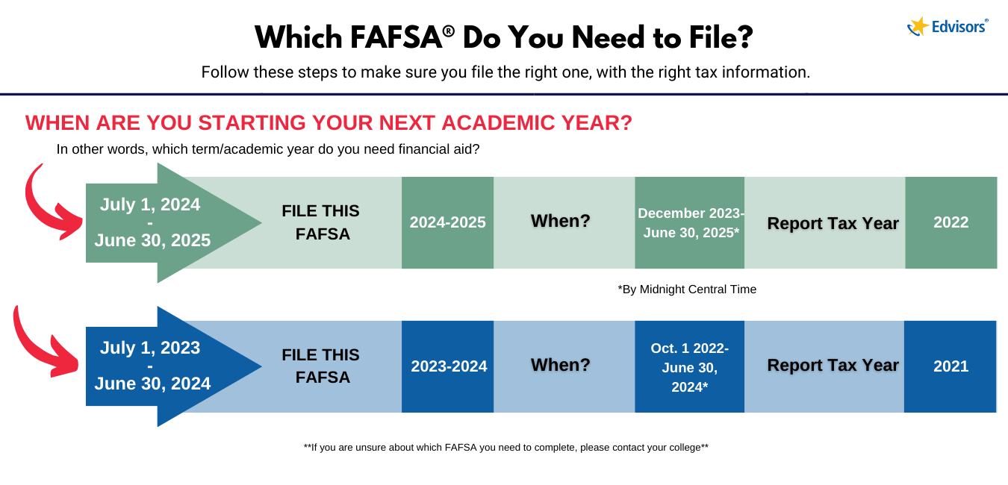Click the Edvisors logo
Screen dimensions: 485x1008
pos(948,26)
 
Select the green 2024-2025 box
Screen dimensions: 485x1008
pos(447,222)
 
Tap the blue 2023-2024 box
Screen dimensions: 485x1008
pos(448,366)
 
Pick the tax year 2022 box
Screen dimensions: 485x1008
pos(951,222)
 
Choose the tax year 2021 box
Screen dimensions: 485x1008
pos(950,366)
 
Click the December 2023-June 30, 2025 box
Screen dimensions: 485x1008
pos(690,222)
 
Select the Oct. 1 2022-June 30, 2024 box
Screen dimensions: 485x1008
pos(689,366)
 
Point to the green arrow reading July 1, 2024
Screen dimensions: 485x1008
pos(153,222)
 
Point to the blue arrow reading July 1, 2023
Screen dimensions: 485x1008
pos(153,366)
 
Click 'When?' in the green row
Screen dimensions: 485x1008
pos(560,222)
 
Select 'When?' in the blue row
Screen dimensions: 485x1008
pos(560,366)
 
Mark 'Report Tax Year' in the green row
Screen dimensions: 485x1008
pos(833,223)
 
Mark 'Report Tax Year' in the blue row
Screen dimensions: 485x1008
pos(833,366)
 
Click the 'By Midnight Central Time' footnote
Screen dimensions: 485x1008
pos(687,290)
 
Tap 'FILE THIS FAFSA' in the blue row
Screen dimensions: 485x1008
pos(321,366)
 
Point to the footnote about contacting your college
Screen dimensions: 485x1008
pos(505,448)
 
